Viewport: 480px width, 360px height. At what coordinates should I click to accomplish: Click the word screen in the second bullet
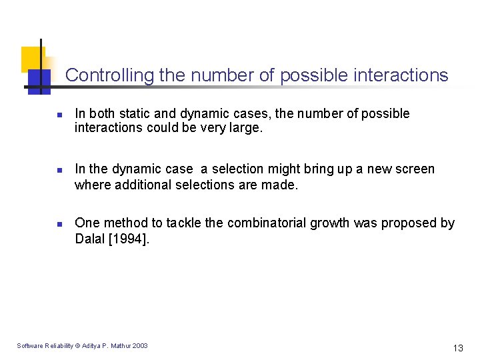(x=415, y=169)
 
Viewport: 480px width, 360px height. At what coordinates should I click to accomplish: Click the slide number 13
(x=458, y=348)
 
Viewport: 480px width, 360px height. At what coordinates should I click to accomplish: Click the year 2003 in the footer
(x=140, y=345)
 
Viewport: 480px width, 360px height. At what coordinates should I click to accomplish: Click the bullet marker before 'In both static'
(x=59, y=115)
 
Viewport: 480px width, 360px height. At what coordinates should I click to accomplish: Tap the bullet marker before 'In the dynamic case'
(x=59, y=171)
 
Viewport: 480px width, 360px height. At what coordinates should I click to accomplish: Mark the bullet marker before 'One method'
(x=59, y=225)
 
